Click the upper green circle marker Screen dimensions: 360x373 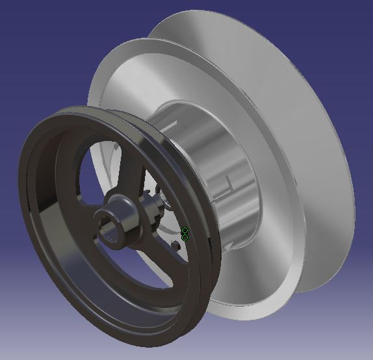coord(185,230)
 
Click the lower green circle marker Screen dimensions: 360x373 coord(185,237)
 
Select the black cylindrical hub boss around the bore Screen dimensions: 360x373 coord(120,224)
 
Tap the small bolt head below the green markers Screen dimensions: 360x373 coord(176,245)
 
